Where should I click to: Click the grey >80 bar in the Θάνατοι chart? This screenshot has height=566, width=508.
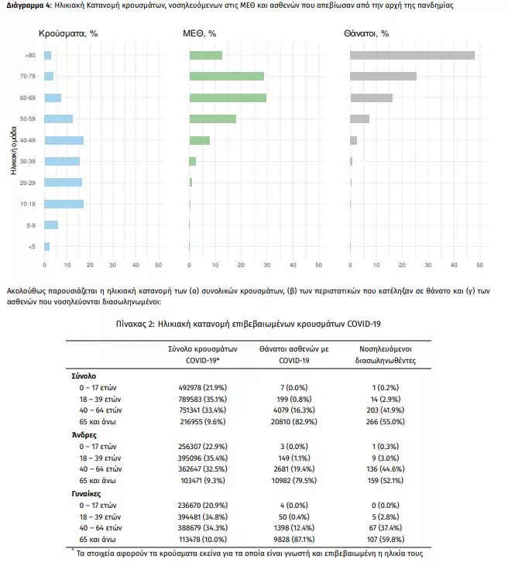click(x=412, y=55)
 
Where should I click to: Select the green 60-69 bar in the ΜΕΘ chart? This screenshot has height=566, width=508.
click(x=228, y=98)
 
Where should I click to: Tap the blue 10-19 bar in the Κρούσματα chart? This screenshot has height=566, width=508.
click(x=64, y=204)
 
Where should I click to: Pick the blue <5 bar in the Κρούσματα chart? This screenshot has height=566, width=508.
click(x=47, y=246)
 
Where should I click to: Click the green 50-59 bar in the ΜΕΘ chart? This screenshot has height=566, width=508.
click(x=213, y=118)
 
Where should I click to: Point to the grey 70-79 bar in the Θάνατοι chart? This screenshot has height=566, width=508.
click(x=383, y=76)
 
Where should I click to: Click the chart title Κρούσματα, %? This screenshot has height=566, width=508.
click(x=68, y=33)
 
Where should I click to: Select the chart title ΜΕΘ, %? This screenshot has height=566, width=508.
click(x=199, y=33)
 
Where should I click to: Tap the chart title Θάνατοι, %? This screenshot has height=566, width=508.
click(x=366, y=33)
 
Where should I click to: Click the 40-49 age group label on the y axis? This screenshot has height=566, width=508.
click(x=28, y=140)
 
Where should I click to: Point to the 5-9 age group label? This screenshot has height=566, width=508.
click(x=31, y=225)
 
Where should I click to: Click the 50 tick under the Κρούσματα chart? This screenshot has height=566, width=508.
click(x=159, y=265)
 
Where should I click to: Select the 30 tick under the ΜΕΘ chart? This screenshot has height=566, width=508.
click(x=267, y=265)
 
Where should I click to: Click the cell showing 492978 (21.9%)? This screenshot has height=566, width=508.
click(x=203, y=388)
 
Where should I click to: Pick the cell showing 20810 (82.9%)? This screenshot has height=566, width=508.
click(x=294, y=422)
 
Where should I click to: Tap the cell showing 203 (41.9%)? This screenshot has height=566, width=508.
click(x=385, y=410)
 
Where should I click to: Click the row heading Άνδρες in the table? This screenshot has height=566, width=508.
click(x=84, y=435)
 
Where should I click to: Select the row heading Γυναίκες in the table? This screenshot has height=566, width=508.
click(x=86, y=494)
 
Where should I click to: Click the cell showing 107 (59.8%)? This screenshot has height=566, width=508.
click(x=385, y=540)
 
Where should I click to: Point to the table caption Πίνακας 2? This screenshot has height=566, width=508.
click(x=136, y=324)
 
